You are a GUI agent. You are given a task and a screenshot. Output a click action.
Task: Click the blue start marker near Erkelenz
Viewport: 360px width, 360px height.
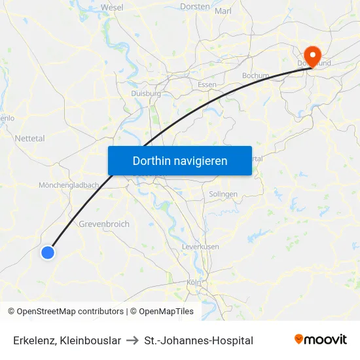click(48, 252)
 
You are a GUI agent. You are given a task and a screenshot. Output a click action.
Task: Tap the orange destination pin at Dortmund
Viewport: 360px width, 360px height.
click(312, 55)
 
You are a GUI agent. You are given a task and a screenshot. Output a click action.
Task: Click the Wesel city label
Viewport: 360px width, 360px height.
click(112, 7)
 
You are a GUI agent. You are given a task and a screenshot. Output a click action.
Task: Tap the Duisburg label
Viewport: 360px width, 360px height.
click(146, 94)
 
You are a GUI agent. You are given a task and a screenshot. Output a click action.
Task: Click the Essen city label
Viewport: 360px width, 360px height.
click(207, 85)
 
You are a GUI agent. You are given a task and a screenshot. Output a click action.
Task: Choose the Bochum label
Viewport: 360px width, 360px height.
click(255, 76)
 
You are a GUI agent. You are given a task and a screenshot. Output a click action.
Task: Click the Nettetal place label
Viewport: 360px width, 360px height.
click(30, 139)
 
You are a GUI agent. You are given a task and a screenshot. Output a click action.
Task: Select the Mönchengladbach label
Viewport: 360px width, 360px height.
click(69, 185)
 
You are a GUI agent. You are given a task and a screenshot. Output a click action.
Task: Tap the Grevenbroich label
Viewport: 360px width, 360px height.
click(104, 224)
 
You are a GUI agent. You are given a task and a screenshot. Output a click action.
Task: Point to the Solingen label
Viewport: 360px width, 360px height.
click(223, 194)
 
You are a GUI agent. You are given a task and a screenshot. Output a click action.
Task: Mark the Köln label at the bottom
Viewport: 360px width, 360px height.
click(194, 282)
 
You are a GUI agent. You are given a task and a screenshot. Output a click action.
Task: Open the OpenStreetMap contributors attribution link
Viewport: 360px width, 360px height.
click(70, 312)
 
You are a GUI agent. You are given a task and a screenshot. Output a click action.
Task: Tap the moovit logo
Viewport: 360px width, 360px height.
click(320, 340)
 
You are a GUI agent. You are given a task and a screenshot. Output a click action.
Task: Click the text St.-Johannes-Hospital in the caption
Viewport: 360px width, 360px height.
click(199, 340)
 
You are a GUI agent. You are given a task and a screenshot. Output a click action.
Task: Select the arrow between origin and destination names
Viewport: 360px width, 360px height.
click(132, 340)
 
